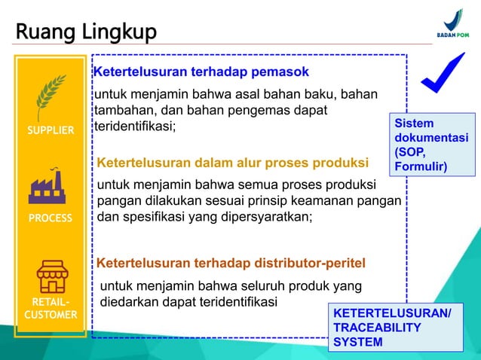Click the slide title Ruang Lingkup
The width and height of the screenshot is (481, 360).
click(86, 32)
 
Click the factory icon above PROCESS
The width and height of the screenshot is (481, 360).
click(51, 188)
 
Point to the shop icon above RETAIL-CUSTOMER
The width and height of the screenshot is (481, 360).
click(51, 276)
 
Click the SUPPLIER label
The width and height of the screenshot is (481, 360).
click(51, 130)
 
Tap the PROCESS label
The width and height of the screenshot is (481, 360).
click(51, 218)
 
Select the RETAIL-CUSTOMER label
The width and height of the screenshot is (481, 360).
click(51, 308)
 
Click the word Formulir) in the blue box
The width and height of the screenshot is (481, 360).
click(421, 166)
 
